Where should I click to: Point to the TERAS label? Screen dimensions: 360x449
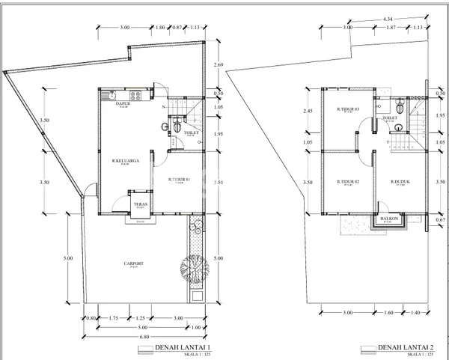pyautogui.click(x=140, y=204)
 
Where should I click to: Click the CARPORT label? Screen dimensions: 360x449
pyautogui.click(x=134, y=264)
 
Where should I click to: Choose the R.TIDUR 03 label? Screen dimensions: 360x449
pyautogui.click(x=349, y=109)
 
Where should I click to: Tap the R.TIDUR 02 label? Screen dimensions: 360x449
pyautogui.click(x=349, y=182)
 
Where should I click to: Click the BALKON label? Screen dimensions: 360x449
pyautogui.click(x=388, y=219)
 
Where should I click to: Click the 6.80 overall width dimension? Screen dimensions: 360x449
pyautogui.click(x=141, y=336)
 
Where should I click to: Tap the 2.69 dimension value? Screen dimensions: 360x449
pyautogui.click(x=219, y=65)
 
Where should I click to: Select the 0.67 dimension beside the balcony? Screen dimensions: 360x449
pyautogui.click(x=441, y=220)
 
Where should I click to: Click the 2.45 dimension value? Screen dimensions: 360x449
pyautogui.click(x=308, y=112)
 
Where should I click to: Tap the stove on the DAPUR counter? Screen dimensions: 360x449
pyautogui.click(x=136, y=95)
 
